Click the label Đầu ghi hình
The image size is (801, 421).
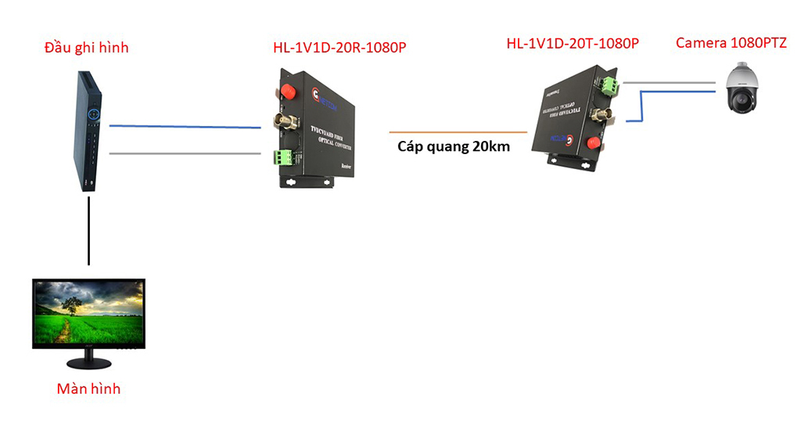pyautogui.click(x=86, y=49)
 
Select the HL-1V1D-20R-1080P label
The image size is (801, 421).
pyautogui.click(x=339, y=49)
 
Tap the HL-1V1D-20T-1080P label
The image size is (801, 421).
pyautogui.click(x=573, y=44)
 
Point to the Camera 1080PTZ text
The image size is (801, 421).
pyautogui.click(x=731, y=43)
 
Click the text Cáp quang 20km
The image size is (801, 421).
pyautogui.click(x=454, y=146)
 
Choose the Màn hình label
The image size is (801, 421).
pyautogui.click(x=89, y=388)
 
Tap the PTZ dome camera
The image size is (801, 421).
pyautogui.click(x=739, y=90)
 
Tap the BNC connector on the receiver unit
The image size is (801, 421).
pyautogui.click(x=282, y=123)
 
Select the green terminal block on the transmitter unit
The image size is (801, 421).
pyautogui.click(x=610, y=85)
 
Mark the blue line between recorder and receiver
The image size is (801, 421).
pyautogui.click(x=184, y=126)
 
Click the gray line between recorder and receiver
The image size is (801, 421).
pyautogui.click(x=184, y=153)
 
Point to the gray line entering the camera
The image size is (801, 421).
pyautogui.click(x=673, y=81)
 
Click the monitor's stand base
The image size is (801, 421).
pyautogui.click(x=88, y=363)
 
